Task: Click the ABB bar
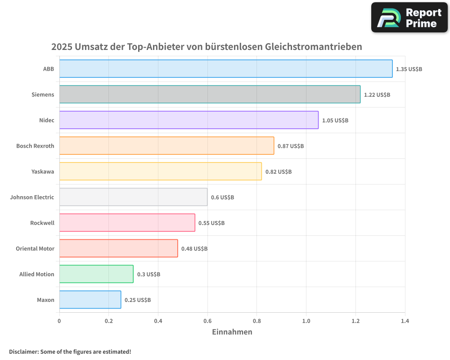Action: pos(225,69)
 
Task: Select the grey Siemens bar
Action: pos(210,94)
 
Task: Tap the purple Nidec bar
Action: pos(189,120)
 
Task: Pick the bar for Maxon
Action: pos(90,300)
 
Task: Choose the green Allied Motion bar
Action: pos(96,274)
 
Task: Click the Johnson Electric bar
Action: pos(133,197)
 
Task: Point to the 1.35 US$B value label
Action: pos(409,69)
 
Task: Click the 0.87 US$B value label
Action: pos(291,146)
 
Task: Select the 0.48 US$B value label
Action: pos(194,249)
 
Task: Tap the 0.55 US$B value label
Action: pos(211,223)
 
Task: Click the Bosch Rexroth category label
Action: pos(35,146)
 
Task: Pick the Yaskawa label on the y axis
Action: pos(43,171)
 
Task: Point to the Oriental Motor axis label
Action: pos(35,248)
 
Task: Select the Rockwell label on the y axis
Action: pos(42,223)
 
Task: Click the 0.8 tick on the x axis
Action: pos(256,321)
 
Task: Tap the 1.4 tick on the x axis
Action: pos(405,321)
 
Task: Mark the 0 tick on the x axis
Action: pos(59,321)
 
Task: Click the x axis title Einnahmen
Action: pos(232,332)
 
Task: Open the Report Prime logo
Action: pos(409,18)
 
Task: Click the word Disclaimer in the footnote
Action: pos(23,352)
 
